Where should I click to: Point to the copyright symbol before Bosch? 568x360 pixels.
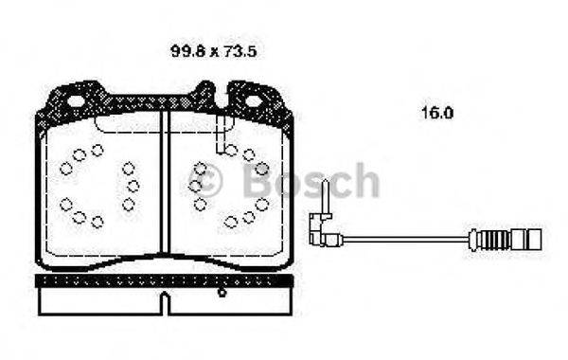click(x=207, y=181)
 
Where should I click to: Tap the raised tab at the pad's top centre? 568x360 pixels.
click(x=205, y=94)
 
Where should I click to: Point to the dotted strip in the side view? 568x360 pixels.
click(x=166, y=280)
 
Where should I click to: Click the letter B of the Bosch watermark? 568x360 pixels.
click(x=257, y=181)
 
